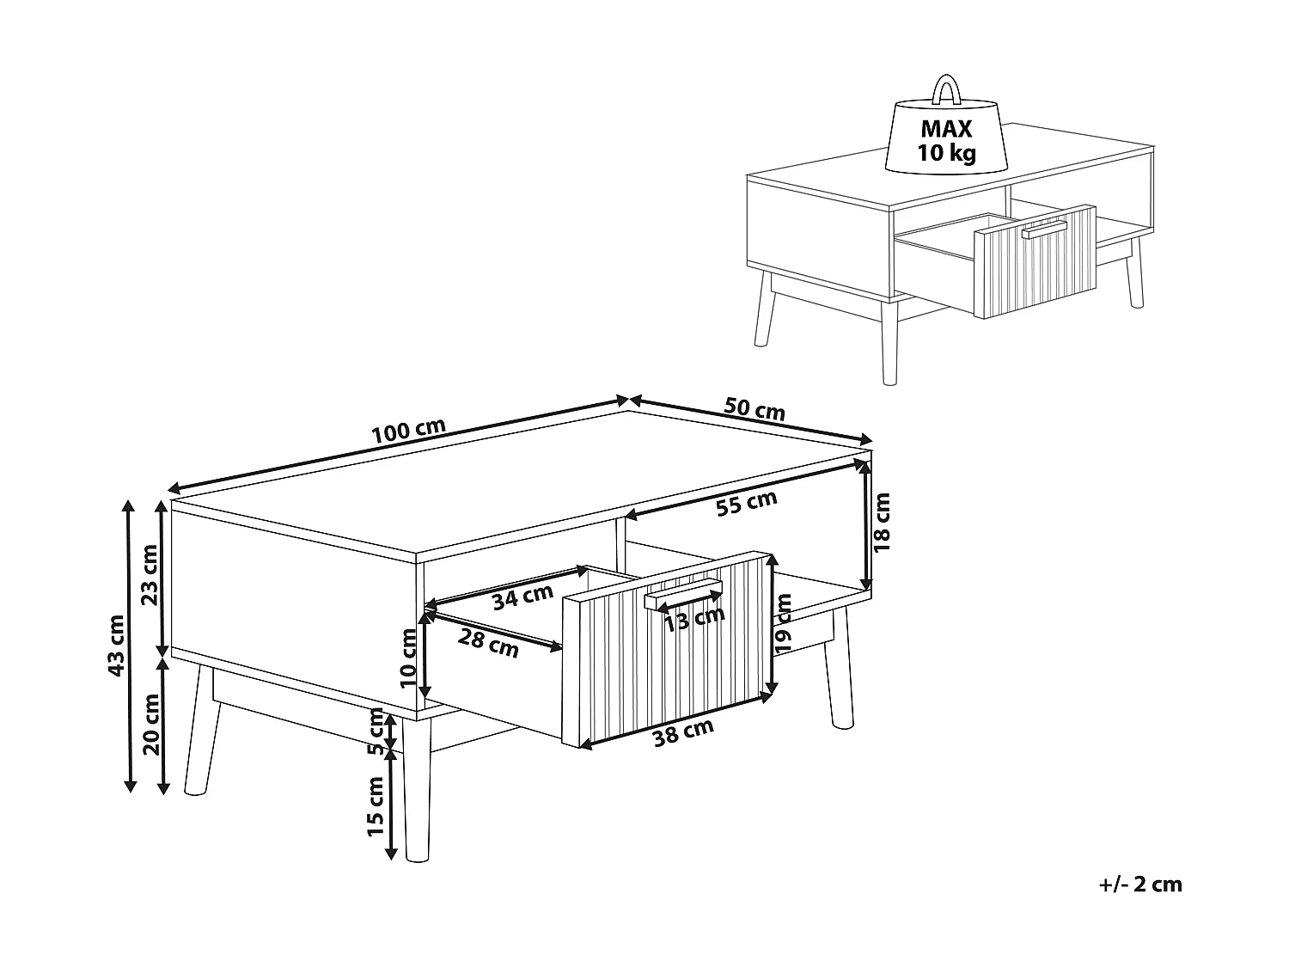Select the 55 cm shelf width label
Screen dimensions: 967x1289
(747, 505)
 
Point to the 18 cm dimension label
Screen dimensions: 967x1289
(883, 522)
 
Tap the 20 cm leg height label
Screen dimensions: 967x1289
(152, 723)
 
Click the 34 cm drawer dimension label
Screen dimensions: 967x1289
(522, 597)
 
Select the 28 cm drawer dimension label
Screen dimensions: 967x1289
(489, 643)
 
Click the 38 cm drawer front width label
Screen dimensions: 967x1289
(683, 732)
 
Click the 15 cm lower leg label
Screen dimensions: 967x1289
(376, 806)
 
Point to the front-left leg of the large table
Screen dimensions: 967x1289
(418, 791)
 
